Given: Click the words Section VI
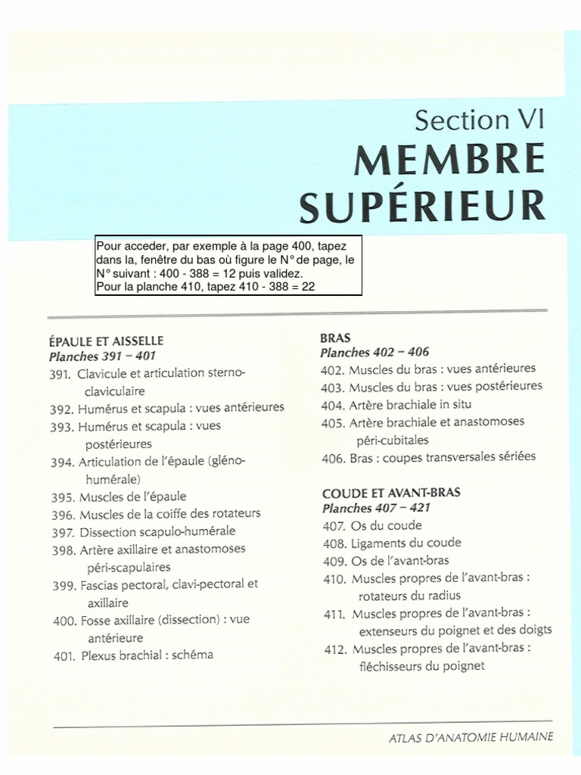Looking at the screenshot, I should (x=479, y=120).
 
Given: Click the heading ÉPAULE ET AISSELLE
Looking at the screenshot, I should (x=106, y=341).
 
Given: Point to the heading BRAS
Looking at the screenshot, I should (x=335, y=338).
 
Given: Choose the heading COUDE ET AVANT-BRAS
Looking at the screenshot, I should (x=391, y=493).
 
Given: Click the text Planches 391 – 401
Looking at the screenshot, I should (x=102, y=356).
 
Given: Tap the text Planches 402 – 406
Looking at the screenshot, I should (x=374, y=353).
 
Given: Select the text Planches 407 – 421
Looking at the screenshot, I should (x=376, y=508).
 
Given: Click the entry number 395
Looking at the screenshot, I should (x=61, y=497).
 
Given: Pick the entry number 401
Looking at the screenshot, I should (x=63, y=656).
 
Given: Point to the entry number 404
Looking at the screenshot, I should (x=333, y=404).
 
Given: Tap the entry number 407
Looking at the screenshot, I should (x=334, y=526).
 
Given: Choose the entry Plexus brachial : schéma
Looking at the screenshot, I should (x=147, y=655).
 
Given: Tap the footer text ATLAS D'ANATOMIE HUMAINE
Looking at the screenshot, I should (x=470, y=737).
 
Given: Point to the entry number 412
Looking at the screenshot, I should (x=335, y=649).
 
